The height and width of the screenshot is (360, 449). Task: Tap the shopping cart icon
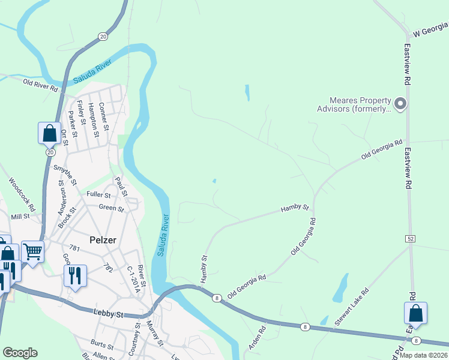coord(32,251)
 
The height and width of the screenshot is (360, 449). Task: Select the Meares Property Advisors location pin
coord(401,104)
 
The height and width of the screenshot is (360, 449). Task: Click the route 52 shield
coord(411,239)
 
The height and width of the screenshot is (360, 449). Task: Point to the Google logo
coord(20,353)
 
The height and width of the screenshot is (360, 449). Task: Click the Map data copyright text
coord(424,355)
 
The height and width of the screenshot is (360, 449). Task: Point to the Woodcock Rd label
coord(22,193)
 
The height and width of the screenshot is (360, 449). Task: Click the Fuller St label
coord(98,195)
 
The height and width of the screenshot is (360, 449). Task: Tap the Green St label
coord(111,209)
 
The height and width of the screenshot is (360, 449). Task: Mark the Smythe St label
coord(65,173)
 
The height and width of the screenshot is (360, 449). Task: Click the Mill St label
coord(20,217)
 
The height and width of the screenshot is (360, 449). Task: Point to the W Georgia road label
coord(430,29)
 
